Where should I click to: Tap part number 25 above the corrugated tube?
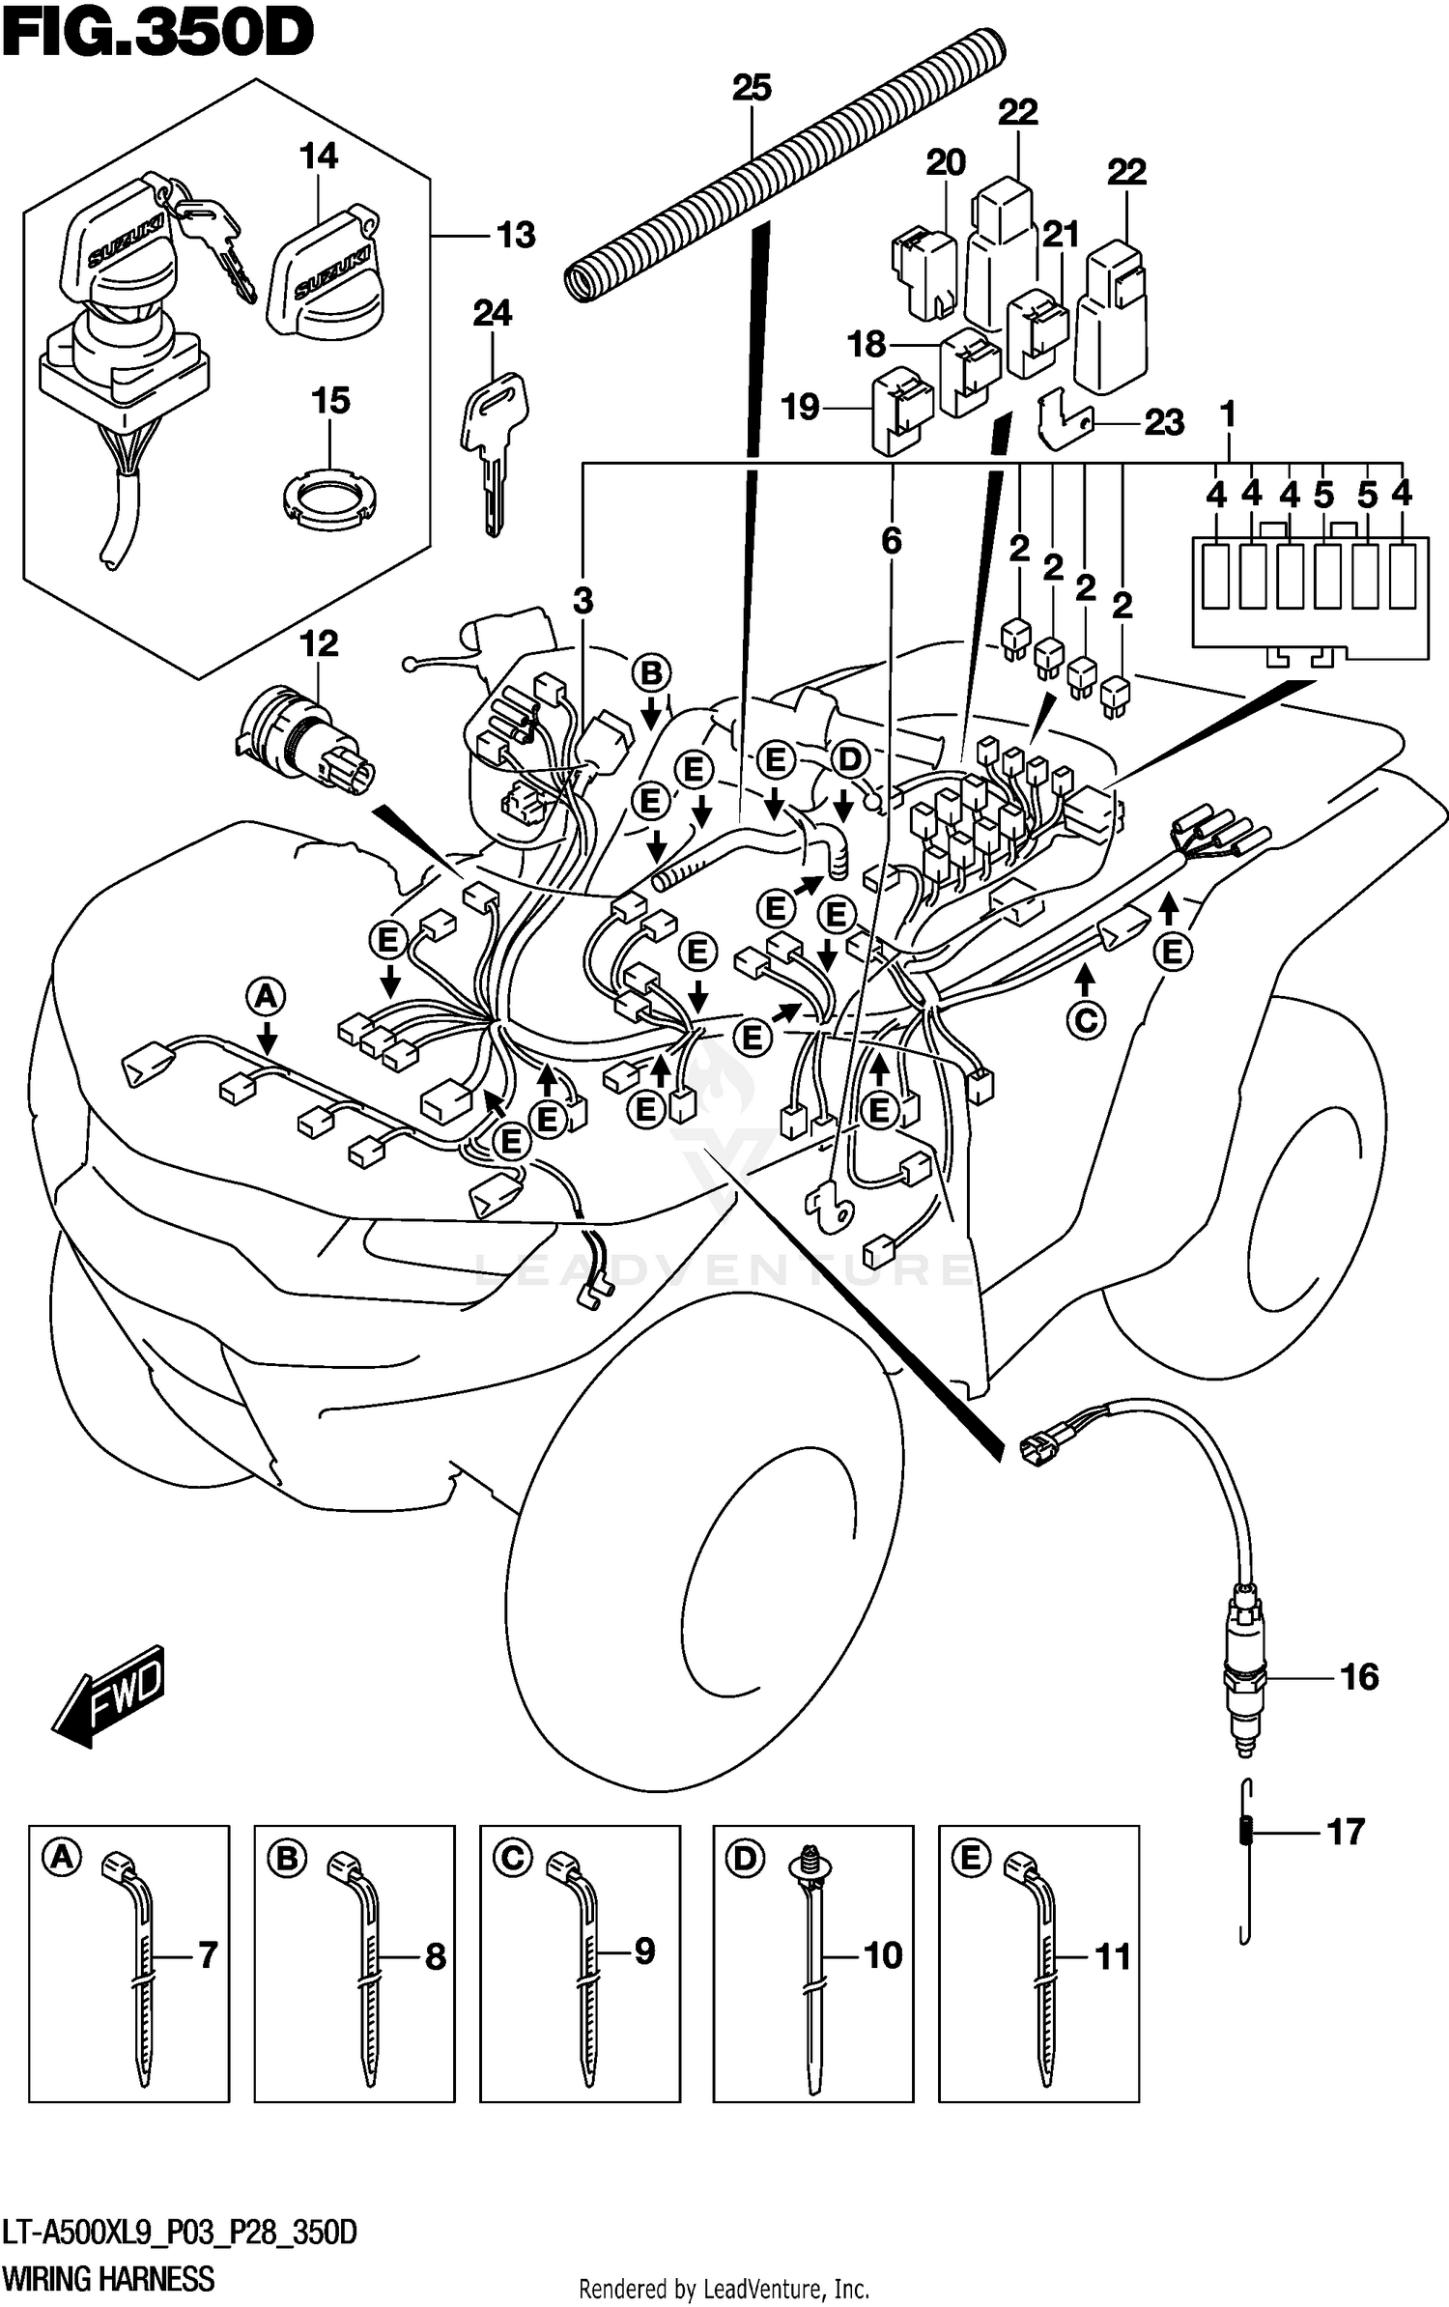pyautogui.click(x=752, y=88)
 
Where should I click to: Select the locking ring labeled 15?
pyautogui.click(x=329, y=498)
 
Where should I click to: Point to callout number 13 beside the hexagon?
pyautogui.click(x=515, y=235)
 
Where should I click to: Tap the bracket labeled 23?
pyautogui.click(x=1064, y=418)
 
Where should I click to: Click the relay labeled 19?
pyautogui.click(x=901, y=414)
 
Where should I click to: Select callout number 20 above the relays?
pyautogui.click(x=945, y=162)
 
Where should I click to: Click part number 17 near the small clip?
pyautogui.click(x=1346, y=1831)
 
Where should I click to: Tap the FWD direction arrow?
pyautogui.click(x=108, y=1696)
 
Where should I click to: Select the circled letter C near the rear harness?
pyautogui.click(x=1085, y=1020)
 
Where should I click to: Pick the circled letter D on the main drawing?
pyautogui.click(x=848, y=760)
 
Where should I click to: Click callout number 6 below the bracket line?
pyautogui.click(x=891, y=541)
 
